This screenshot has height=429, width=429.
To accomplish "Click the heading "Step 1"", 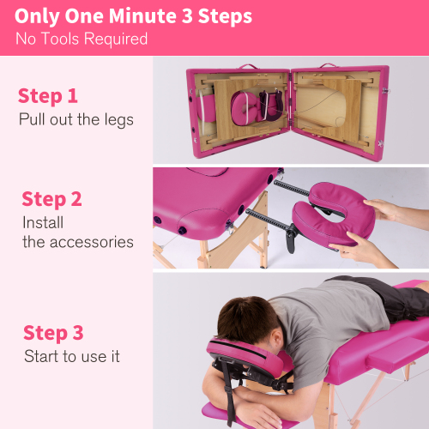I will point(48,95).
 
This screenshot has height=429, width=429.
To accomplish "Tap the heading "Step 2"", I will point(51,199).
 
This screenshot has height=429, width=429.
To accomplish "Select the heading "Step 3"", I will point(53,333).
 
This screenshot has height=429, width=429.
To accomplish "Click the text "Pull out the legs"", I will point(76,119).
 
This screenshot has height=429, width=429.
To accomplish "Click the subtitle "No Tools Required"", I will point(82,39).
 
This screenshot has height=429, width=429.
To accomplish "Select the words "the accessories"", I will point(78,242).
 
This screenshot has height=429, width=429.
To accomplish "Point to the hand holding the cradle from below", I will point(361,251).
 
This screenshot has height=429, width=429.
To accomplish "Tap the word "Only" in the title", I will point(38,16).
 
